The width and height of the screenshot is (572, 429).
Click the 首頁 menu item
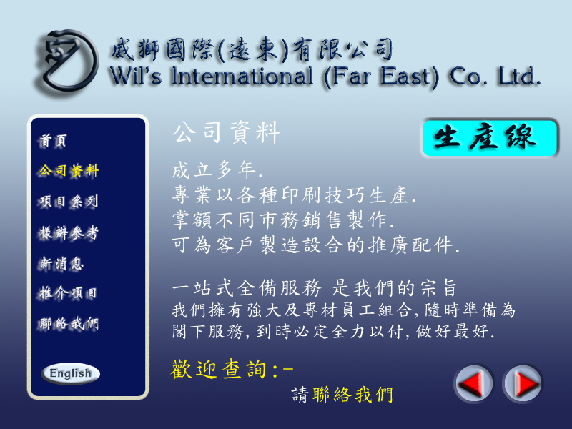[x=53, y=141]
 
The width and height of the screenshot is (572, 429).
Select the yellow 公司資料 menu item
[x=69, y=171]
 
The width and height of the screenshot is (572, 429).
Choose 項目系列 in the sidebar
[x=69, y=202]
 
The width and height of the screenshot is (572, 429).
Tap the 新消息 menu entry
[x=61, y=263]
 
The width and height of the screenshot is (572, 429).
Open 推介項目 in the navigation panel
[x=68, y=293]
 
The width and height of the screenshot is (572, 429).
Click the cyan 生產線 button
[x=490, y=138]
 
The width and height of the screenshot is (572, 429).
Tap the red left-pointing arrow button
[x=473, y=383]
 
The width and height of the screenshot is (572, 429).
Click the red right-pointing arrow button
[x=523, y=383]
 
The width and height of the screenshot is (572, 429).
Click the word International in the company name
[x=242, y=77]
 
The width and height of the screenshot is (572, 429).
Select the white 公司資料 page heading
[x=227, y=132]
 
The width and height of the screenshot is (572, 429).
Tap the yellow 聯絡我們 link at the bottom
[x=352, y=395]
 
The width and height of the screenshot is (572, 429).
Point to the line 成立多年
[x=217, y=169]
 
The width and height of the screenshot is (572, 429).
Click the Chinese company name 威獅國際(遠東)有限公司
[x=252, y=49]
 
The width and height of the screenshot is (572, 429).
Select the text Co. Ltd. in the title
[x=494, y=77]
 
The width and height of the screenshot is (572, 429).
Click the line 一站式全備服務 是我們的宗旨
[x=315, y=288]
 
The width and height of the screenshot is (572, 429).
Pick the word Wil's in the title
[x=135, y=77]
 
